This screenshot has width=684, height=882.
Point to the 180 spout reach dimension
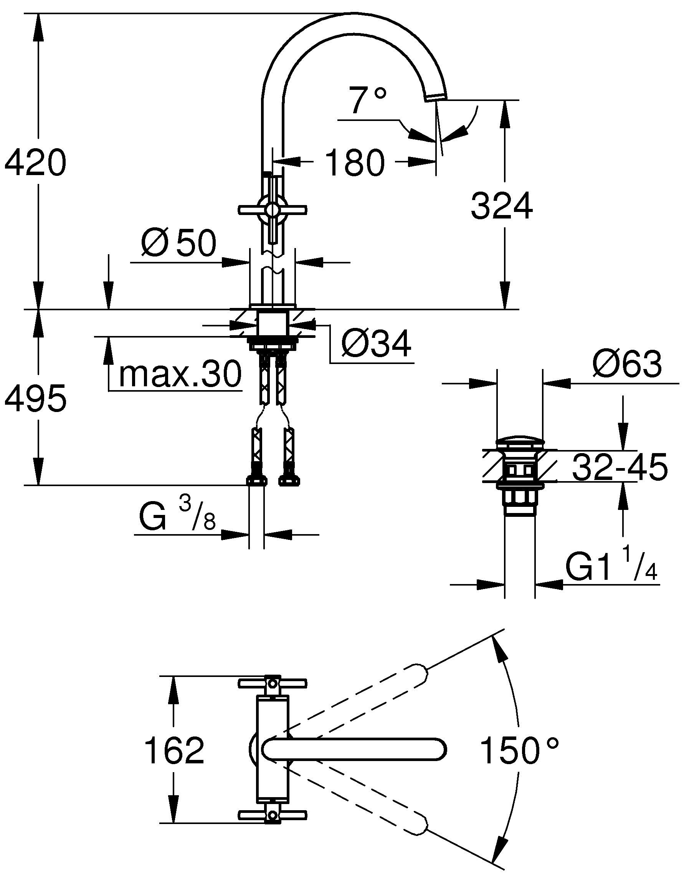[355, 163]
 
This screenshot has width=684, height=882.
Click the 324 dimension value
[502, 206]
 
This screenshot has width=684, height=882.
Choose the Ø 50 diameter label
[179, 244]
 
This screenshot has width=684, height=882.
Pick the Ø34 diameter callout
[376, 344]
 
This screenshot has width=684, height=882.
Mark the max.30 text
[180, 375]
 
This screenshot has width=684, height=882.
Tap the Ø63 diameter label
[627, 364]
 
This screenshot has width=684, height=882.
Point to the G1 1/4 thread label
[611, 568]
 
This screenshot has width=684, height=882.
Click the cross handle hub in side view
[273, 210]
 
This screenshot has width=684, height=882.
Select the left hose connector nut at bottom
[257, 481]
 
